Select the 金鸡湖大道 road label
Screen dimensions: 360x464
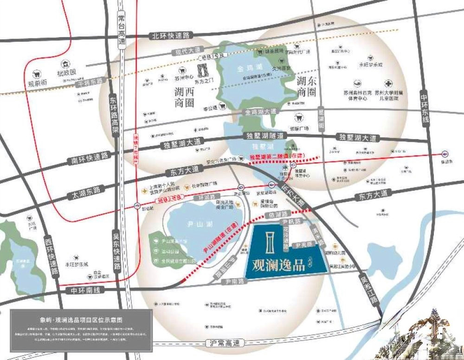coord(261,112)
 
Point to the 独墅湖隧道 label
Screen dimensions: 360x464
coord(264,136)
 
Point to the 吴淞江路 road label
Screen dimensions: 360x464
coord(368,290)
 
